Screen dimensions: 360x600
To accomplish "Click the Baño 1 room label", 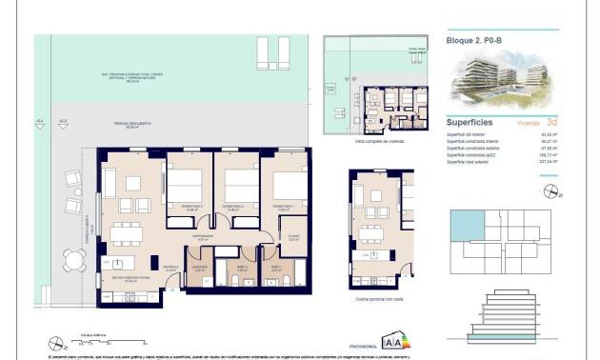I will coord(274,269).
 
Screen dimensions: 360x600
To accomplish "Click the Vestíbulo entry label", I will coord(171,269).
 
